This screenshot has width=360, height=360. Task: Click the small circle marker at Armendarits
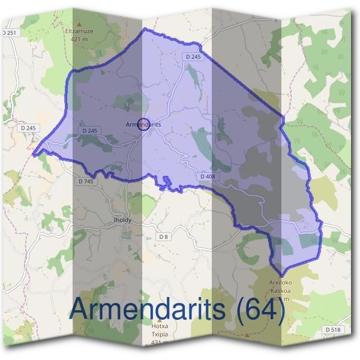click(x=143, y=124)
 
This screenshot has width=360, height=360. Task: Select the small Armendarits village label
click(x=143, y=124)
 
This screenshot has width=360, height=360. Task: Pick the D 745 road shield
click(x=86, y=181)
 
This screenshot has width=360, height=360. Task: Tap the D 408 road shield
click(x=207, y=176)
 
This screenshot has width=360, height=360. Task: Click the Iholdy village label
click(x=122, y=220)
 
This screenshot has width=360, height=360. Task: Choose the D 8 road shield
click(x=163, y=237)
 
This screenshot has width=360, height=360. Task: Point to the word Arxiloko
click(x=280, y=282)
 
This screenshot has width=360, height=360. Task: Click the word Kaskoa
click(x=280, y=290)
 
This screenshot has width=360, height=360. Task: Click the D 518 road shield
click(x=333, y=330)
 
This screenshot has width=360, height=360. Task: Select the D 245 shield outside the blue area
click(x=28, y=128)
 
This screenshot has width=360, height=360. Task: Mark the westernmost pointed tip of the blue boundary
click(x=34, y=153)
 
